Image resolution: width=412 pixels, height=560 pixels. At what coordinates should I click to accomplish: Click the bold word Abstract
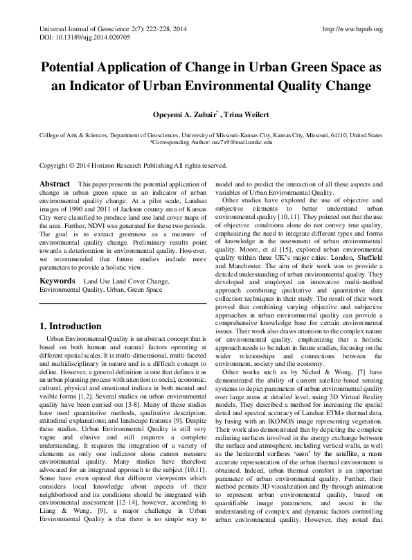click(x=55, y=184)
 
